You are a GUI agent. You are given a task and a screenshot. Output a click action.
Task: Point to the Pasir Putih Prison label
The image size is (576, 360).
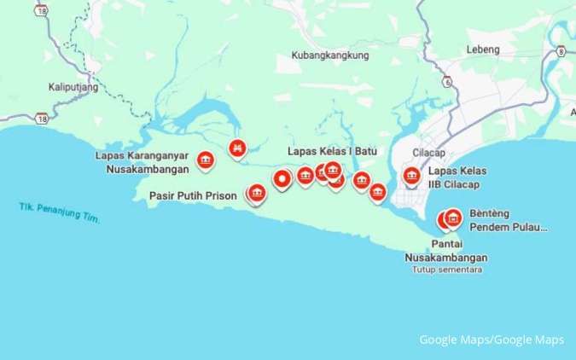192,195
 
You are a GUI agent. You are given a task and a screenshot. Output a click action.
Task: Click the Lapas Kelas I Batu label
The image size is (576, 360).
332,151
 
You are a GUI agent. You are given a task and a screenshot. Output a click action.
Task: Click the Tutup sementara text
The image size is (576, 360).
446,270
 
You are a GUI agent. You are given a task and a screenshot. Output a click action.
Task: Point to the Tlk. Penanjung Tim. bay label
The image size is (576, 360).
59,213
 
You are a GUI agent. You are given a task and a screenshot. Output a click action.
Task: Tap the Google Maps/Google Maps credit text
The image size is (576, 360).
491,340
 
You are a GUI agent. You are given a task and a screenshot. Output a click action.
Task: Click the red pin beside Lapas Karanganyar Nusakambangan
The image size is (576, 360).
205,159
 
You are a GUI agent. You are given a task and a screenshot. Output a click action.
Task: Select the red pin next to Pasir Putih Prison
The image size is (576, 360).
257,194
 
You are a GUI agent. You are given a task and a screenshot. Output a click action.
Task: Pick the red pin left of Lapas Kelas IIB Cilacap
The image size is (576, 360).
411,177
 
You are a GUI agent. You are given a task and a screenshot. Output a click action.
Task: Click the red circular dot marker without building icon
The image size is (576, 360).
282,178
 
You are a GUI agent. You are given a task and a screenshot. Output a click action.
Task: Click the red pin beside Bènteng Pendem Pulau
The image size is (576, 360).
453,218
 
